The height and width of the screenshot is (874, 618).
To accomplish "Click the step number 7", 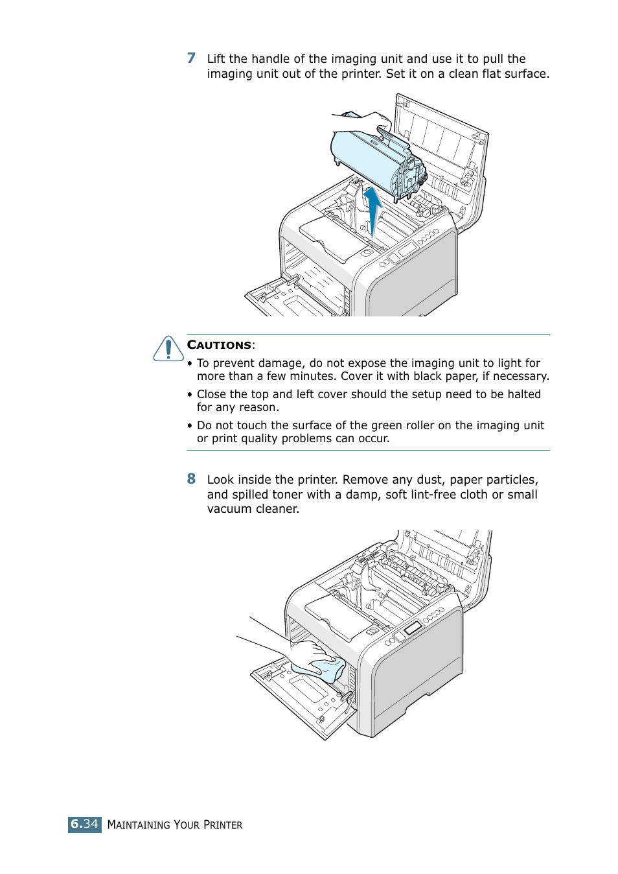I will tap(191, 58).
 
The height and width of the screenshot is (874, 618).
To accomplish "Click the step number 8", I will tap(191, 479).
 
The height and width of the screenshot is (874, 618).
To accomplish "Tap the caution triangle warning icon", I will tap(168, 349).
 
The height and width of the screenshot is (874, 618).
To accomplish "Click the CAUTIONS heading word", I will tap(219, 345).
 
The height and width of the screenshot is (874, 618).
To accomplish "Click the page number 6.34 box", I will tap(84, 824).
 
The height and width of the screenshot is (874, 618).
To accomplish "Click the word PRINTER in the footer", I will tap(223, 825).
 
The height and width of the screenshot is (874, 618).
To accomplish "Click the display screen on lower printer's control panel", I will tap(412, 628).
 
